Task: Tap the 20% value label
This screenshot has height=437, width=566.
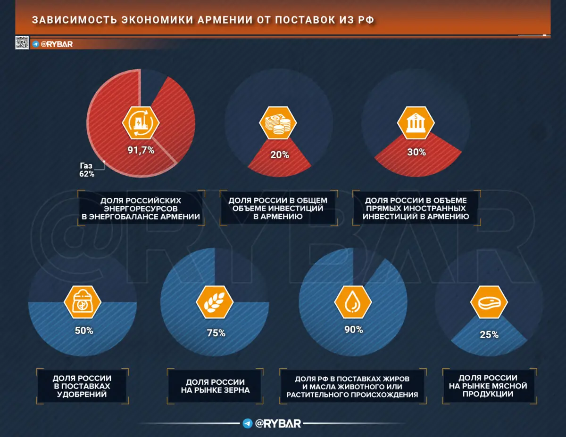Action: [279, 155]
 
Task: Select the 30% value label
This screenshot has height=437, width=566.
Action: [416, 153]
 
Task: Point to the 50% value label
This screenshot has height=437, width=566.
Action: [84, 331]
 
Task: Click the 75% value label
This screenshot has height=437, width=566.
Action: [216, 333]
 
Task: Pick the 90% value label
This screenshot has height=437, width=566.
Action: [353, 330]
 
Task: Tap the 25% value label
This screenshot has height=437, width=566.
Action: [489, 335]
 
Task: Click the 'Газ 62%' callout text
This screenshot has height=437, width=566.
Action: [87, 170]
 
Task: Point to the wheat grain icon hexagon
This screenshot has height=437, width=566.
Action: [215, 303]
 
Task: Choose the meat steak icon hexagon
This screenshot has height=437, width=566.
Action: [489, 302]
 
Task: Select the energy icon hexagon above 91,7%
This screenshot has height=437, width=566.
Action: [141, 122]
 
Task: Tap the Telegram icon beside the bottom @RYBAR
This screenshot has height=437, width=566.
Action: [247, 423]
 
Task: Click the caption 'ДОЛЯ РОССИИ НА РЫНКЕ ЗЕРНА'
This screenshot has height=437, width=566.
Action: [215, 386]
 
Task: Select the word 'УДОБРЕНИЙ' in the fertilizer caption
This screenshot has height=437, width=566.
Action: [82, 394]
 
